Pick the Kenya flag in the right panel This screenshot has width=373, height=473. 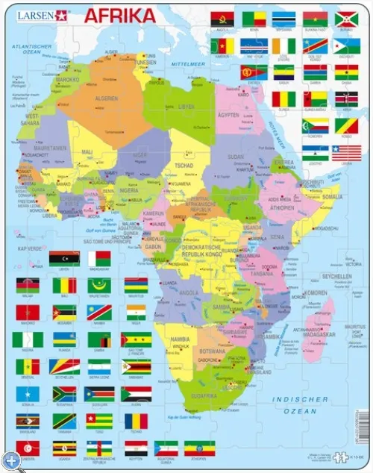click(346, 98)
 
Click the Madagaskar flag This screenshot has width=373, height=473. click(99, 258)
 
